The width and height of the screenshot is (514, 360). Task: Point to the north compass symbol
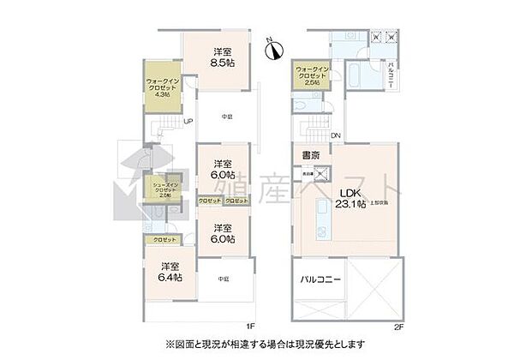272,50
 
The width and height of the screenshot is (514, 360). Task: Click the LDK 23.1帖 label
350,198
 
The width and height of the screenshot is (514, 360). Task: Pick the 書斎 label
310,155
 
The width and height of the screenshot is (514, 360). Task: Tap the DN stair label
336,135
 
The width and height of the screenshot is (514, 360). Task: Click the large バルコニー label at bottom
320,280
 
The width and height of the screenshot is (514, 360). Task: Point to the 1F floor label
249,326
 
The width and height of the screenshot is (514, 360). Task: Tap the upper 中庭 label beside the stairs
227,116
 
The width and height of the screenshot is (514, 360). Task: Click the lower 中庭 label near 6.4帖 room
222,279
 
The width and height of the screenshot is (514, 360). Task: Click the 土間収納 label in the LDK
380,203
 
